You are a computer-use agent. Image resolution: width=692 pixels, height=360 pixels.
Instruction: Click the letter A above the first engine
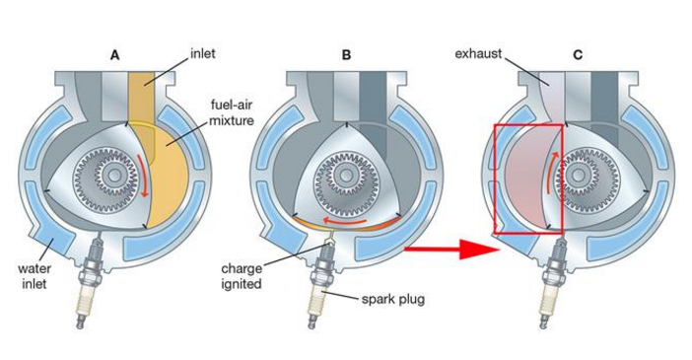coord(114,55)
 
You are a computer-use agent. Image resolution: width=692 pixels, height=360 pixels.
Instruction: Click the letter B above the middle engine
coord(346,55)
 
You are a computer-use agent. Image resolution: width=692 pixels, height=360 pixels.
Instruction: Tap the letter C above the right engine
coord(578,55)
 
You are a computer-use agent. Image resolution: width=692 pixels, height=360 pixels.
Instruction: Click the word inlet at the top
coord(203,54)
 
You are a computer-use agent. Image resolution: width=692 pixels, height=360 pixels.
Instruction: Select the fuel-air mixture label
coord(232,112)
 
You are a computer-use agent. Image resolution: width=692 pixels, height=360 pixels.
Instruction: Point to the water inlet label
coord(35,275)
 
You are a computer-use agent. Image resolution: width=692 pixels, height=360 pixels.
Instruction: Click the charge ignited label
coord(242,275)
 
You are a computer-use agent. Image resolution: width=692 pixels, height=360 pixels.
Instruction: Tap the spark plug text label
coord(393,299)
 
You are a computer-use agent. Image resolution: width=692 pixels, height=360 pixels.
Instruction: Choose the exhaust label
coord(478,54)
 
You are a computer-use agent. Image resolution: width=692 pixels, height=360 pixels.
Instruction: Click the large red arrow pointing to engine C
coord(451,250)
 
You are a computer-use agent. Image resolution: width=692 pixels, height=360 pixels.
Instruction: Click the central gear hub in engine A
coord(114,176)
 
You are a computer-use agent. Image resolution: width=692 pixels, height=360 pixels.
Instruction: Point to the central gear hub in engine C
coord(579,176)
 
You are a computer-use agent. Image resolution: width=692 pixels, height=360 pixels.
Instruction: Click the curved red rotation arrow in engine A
coord(144,176)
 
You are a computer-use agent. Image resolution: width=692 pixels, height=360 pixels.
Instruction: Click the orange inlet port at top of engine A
coord(141,98)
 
